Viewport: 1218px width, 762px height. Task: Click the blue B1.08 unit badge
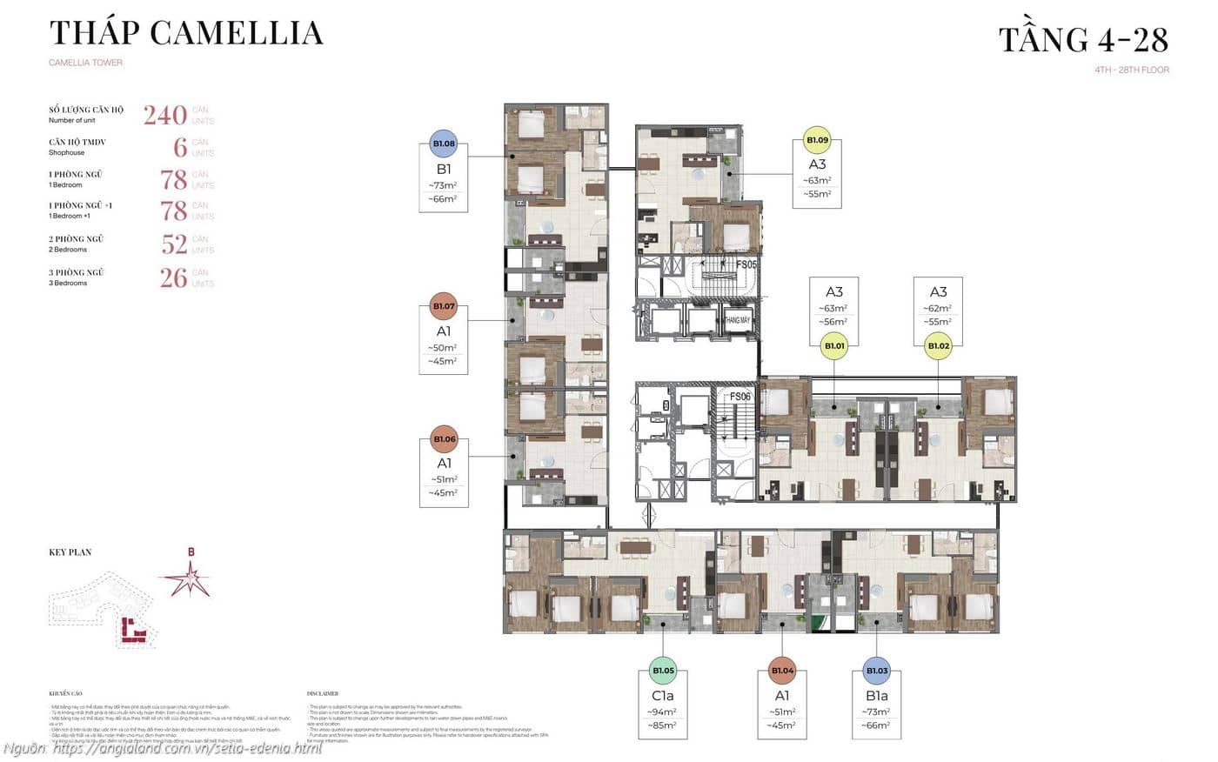click(444, 144)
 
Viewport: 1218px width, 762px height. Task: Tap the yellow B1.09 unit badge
click(817, 139)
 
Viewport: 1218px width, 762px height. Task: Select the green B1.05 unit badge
click(663, 671)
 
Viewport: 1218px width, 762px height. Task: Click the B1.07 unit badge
click(444, 306)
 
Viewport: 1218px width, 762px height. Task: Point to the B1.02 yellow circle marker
click(938, 346)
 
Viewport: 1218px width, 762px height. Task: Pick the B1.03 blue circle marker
click(876, 671)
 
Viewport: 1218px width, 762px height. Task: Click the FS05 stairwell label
click(746, 264)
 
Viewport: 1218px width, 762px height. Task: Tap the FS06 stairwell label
click(739, 397)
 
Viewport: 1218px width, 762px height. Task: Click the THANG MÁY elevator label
click(738, 321)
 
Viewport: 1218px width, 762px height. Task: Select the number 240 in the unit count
click(165, 115)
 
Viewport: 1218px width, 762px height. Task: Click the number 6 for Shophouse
click(180, 147)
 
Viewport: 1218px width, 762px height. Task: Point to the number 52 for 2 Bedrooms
click(174, 244)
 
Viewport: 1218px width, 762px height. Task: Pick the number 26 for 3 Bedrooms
click(174, 278)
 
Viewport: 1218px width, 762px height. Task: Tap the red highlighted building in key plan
click(133, 631)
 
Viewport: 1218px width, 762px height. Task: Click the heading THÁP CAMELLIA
click(186, 33)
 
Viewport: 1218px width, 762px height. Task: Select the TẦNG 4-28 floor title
click(1083, 39)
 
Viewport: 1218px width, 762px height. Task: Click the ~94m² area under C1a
click(663, 712)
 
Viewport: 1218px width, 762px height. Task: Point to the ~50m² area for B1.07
click(444, 348)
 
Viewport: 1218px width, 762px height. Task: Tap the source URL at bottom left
click(163, 748)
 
